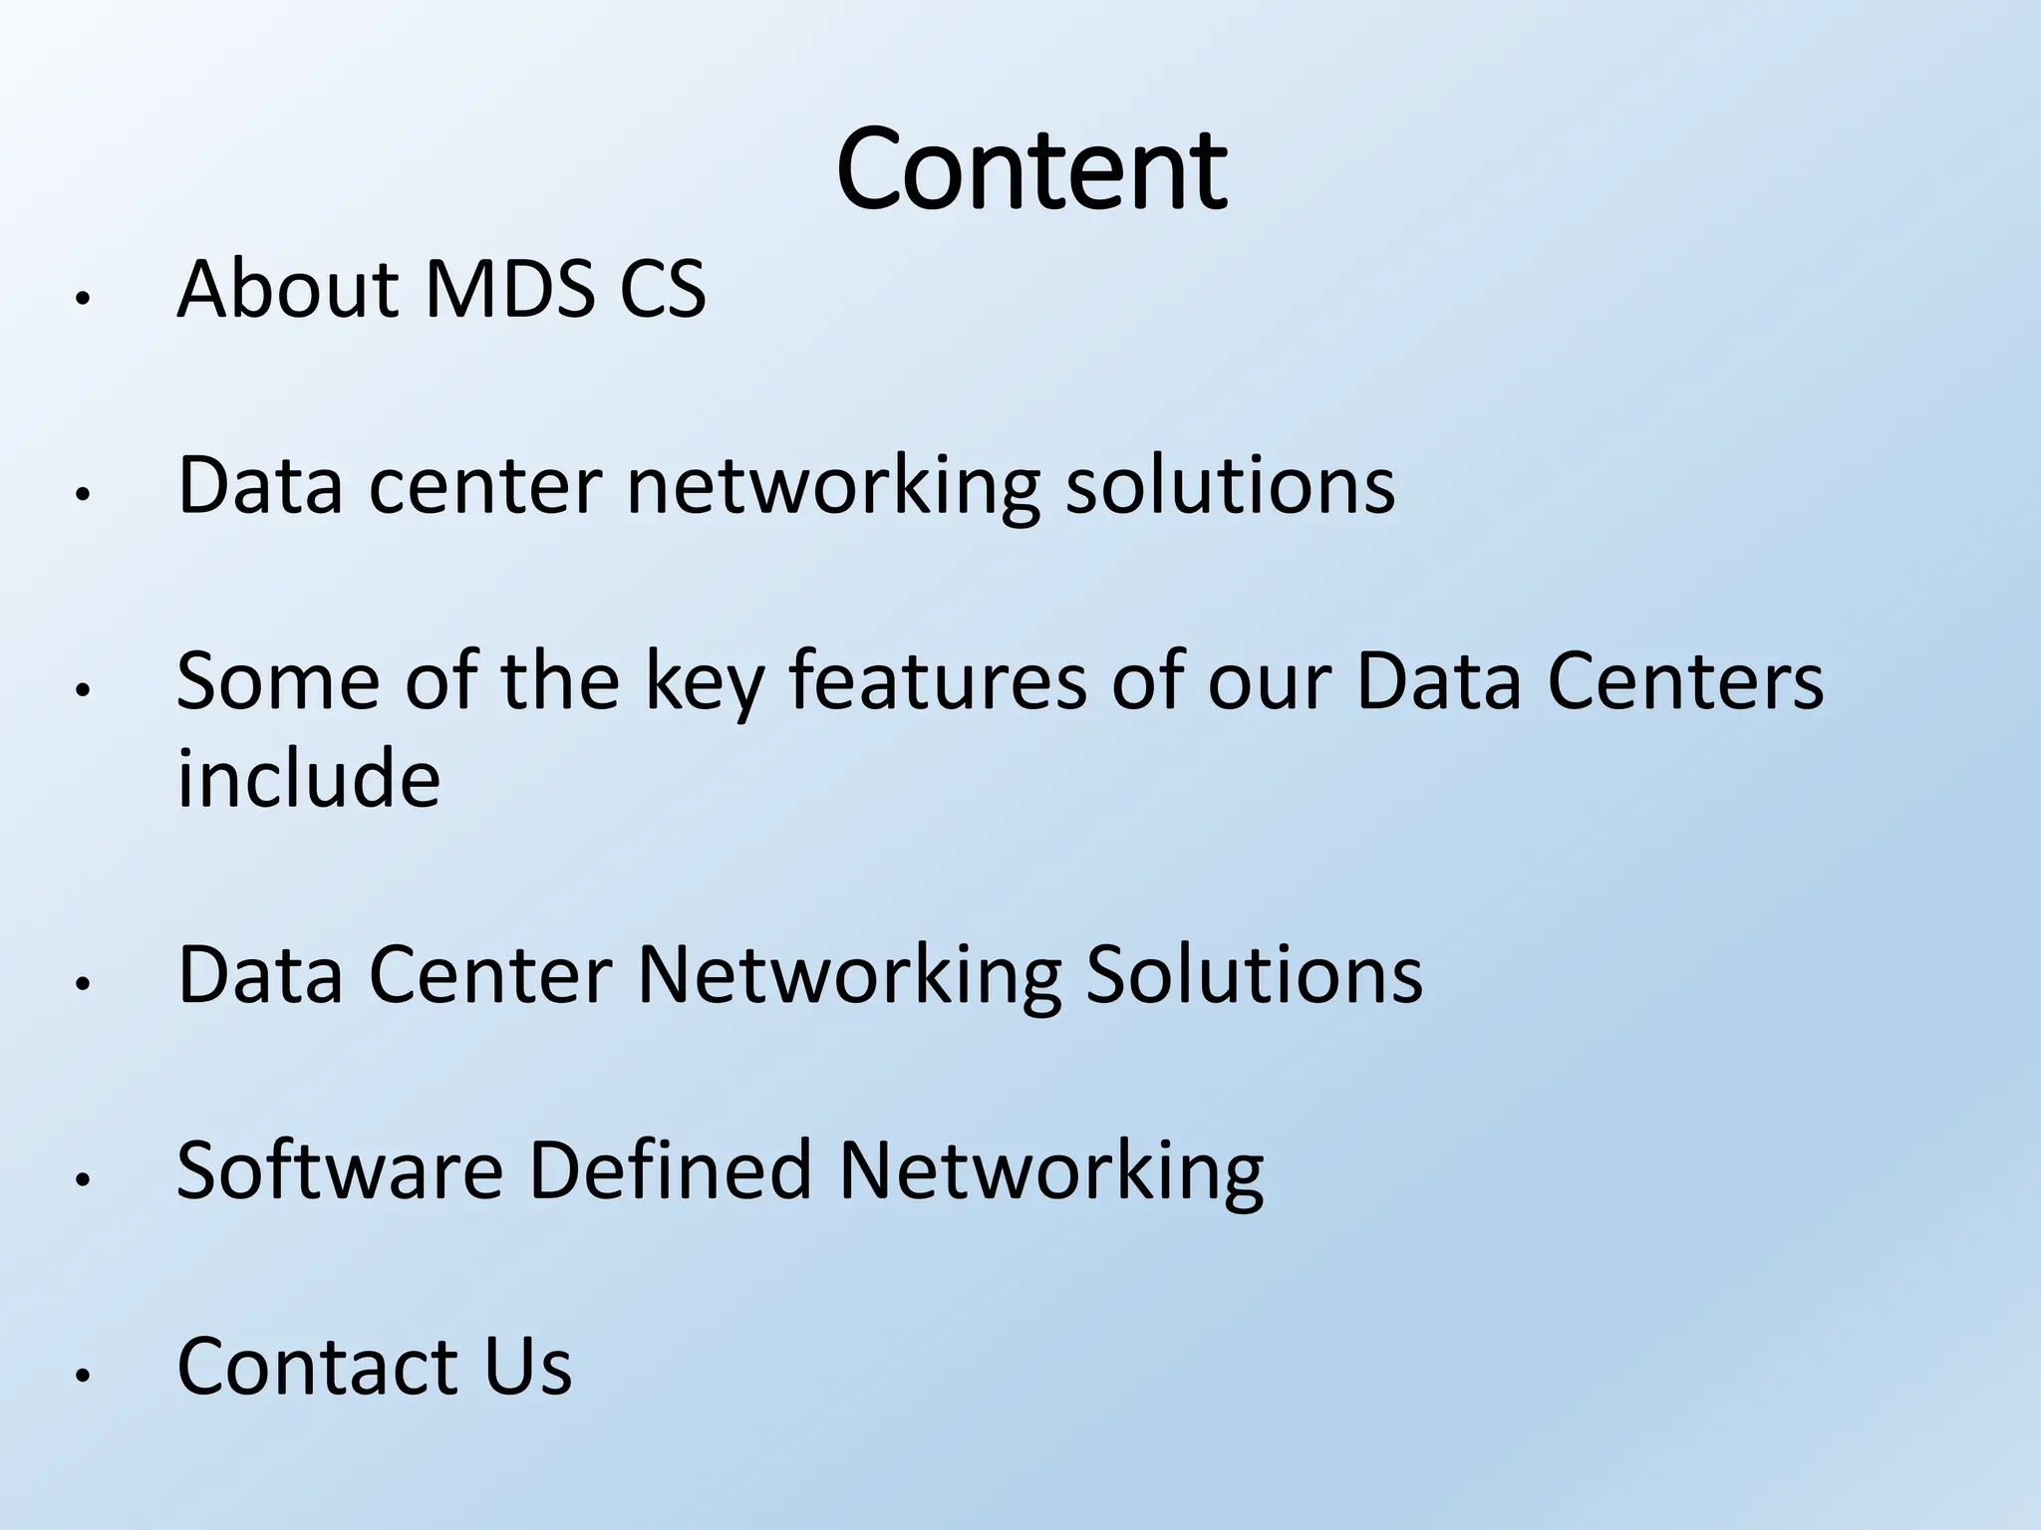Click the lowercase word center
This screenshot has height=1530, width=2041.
[485, 485]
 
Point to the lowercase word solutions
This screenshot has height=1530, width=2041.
[1230, 485]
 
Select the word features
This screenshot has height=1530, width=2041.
[938, 681]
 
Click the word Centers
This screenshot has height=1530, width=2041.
[1684, 681]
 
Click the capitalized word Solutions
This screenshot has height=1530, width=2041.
[1254, 973]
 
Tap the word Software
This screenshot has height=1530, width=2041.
[339, 1169]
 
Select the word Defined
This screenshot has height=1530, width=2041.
[670, 1169]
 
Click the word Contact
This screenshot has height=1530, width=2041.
[317, 1366]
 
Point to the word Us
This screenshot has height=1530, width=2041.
[528, 1366]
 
